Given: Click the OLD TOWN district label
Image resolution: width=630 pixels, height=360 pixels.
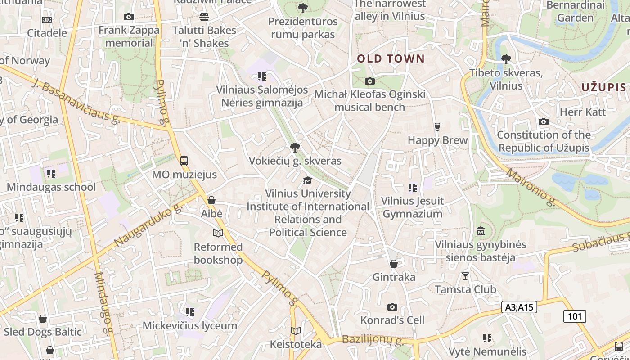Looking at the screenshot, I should point(391,58).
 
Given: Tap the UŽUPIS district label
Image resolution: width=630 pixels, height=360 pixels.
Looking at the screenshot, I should point(603,87).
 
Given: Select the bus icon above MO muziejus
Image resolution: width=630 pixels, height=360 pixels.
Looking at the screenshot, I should point(184,161).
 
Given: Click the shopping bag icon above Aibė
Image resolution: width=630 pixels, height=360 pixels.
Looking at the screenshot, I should point(211,200).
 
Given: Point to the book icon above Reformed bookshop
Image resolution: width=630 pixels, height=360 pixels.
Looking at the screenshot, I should point(218,233).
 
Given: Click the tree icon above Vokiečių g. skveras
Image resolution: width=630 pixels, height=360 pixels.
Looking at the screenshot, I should point(295,147).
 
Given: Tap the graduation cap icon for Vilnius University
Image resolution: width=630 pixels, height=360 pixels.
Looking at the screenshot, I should point(307,180).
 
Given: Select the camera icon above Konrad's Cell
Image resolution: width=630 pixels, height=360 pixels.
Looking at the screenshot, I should point(392,307).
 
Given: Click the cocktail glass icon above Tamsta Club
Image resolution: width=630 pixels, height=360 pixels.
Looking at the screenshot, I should point(465,276).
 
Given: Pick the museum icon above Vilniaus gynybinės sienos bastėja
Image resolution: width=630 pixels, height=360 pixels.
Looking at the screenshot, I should point(480,231).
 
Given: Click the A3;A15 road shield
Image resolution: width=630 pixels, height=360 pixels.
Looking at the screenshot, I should point(519,307).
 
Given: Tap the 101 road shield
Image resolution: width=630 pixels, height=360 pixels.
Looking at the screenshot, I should point(575,316).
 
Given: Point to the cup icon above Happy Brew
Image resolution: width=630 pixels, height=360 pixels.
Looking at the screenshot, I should point(437,126).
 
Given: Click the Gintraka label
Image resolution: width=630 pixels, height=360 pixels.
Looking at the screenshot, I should point(394,277).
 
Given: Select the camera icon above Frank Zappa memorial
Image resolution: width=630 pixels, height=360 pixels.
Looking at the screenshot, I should point(129,17).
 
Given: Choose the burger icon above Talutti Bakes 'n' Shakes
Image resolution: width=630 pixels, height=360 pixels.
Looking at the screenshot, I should point(204,17).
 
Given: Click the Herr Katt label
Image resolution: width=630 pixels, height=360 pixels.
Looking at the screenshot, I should point(583,112).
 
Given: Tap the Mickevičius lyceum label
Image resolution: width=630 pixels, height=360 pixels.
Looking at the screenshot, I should point(190,326).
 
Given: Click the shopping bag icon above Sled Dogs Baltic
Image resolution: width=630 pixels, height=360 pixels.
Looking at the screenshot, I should point(43,319).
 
